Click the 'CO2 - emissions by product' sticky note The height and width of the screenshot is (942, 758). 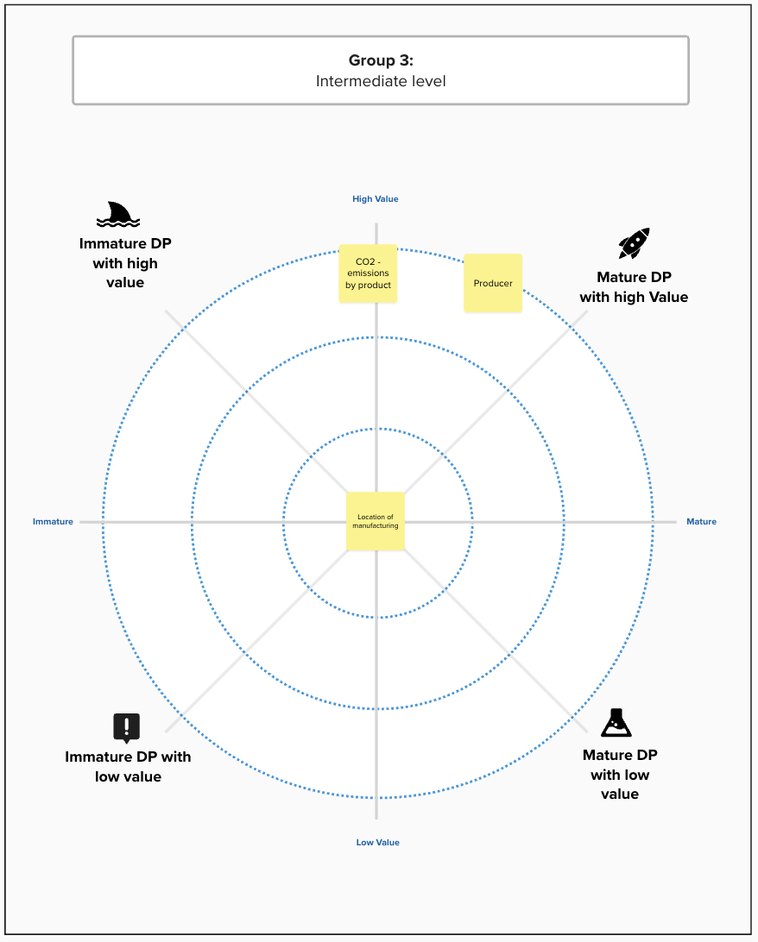[x=368, y=273]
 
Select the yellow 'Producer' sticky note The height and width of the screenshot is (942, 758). [x=493, y=283]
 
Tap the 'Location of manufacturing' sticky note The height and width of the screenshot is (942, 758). [x=375, y=521]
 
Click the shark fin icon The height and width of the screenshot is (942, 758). [x=118, y=215]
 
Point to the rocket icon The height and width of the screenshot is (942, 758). [x=635, y=243]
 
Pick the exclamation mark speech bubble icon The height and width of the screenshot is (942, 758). [x=126, y=728]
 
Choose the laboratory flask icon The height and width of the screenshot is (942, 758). [x=616, y=723]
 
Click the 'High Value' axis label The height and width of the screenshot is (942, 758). [x=375, y=199]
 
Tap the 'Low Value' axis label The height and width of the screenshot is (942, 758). [x=377, y=842]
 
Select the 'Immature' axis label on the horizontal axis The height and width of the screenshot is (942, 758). [x=53, y=521]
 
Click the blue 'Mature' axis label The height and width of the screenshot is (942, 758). [x=702, y=521]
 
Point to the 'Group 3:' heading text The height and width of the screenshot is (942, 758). [x=381, y=60]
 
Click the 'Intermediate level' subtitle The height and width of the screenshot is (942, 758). [x=381, y=81]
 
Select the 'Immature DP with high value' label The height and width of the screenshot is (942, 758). [x=125, y=262]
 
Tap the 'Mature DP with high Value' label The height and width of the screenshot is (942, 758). [x=634, y=286]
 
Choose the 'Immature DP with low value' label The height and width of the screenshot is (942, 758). [x=128, y=767]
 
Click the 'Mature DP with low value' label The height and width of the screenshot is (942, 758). [x=620, y=775]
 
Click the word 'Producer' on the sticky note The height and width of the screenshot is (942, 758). [x=493, y=283]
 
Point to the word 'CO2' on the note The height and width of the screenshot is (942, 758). [x=365, y=261]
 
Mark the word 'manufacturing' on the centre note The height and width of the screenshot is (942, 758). [x=375, y=525]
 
